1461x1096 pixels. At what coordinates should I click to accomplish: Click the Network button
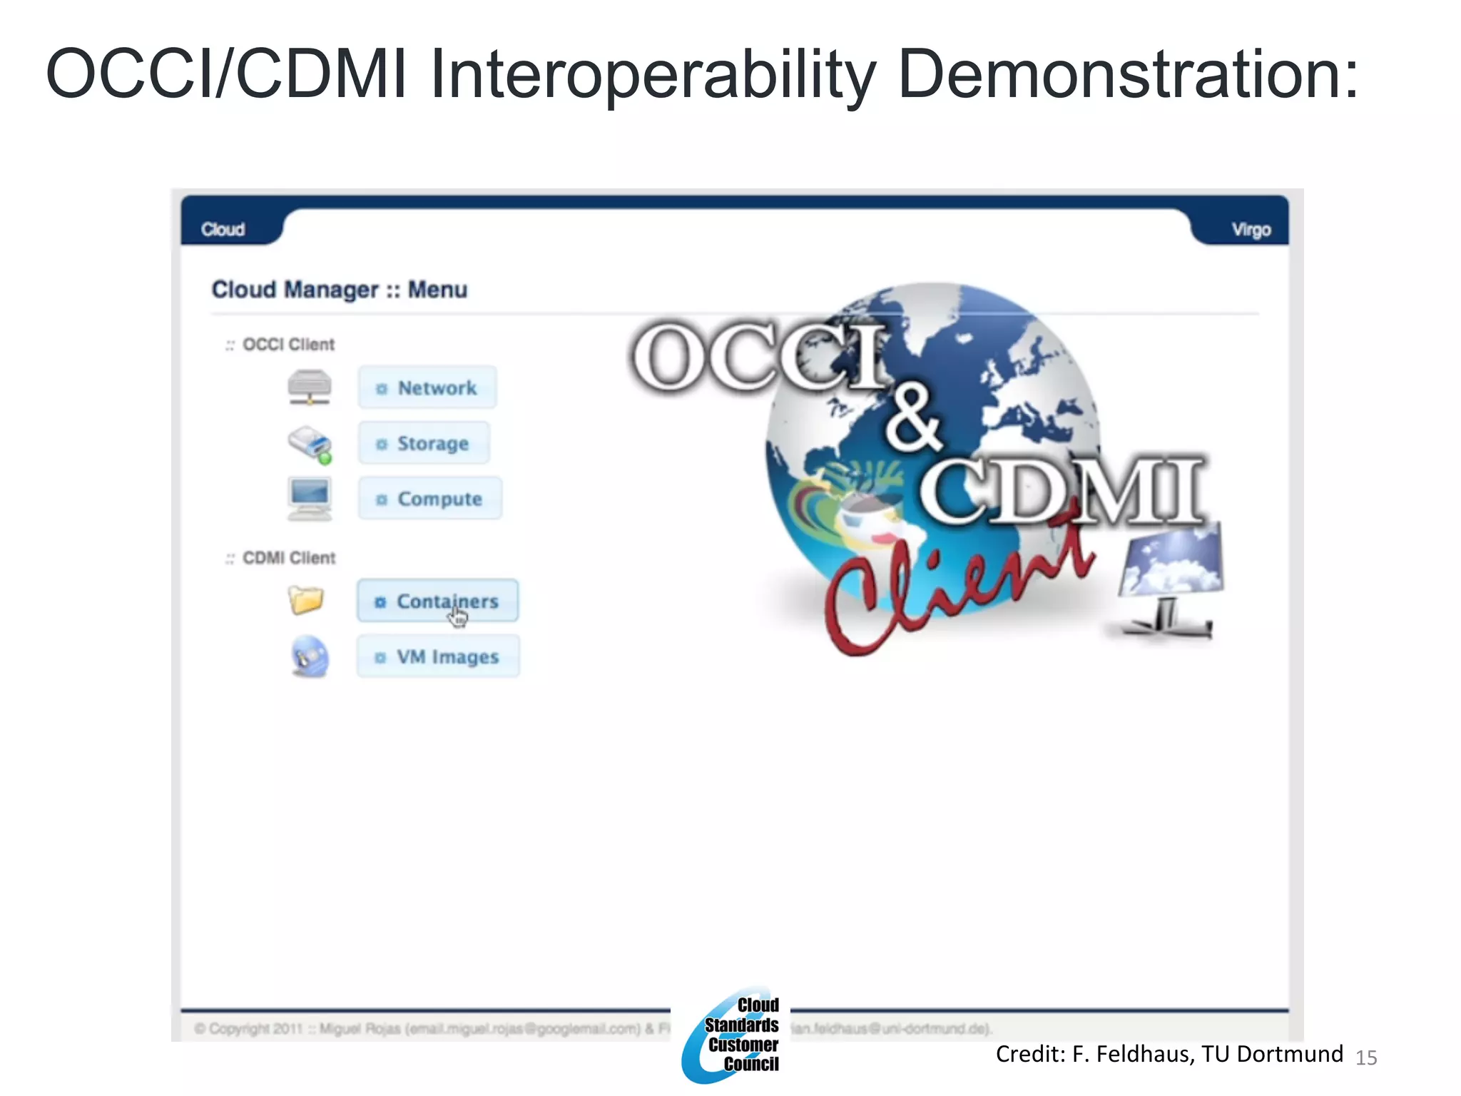[x=427, y=387]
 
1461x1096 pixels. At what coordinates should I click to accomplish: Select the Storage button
[x=424, y=443]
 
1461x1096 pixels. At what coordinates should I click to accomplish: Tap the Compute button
[x=429, y=499]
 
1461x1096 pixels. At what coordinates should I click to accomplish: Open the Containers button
[x=437, y=601]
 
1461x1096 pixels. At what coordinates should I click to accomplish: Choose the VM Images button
[x=438, y=656]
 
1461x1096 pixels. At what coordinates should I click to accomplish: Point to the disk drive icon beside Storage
[x=310, y=444]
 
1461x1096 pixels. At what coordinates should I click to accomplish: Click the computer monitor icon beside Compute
[x=310, y=498]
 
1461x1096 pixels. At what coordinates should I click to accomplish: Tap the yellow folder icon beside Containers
[x=306, y=599]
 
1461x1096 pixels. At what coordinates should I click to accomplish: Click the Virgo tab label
[x=1251, y=230]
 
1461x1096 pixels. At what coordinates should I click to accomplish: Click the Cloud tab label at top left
[x=223, y=230]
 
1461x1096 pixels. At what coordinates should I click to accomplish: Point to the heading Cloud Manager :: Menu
[x=340, y=290]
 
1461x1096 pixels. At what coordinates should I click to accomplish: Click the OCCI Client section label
[x=288, y=345]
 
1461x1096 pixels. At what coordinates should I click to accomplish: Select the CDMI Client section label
[x=288, y=558]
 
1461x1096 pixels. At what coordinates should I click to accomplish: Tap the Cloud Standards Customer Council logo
[x=732, y=1035]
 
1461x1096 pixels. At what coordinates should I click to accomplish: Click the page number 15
[x=1366, y=1057]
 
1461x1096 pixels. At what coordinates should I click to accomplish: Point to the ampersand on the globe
[x=913, y=417]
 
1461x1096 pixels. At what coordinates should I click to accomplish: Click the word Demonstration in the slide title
[x=1127, y=73]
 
